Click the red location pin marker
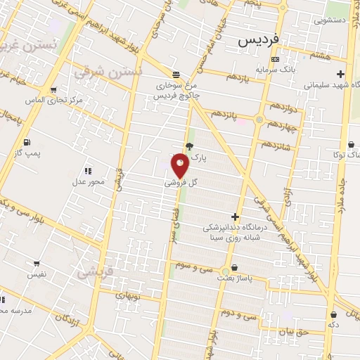click(180, 165)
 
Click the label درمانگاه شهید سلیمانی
click(333, 84)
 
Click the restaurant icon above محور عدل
click(88, 171)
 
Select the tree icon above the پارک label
click(189, 146)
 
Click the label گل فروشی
click(181, 182)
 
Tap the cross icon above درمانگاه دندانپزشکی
click(235, 217)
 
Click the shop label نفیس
click(37, 274)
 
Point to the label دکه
click(333, 325)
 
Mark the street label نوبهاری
click(128, 296)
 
